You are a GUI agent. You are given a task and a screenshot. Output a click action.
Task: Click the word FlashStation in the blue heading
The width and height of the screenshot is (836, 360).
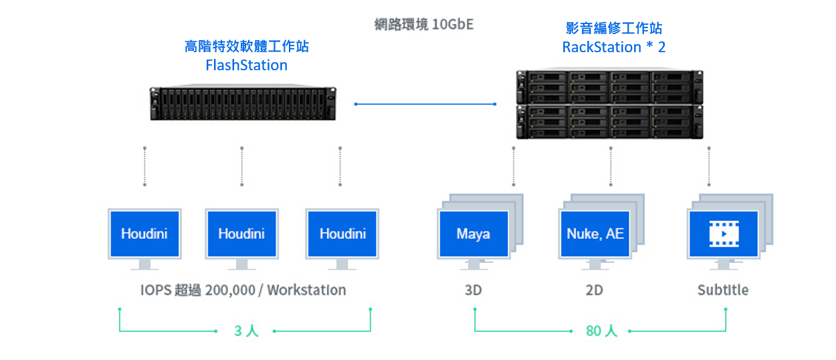click(x=246, y=66)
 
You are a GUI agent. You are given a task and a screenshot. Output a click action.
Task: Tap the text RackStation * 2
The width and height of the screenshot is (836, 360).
click(x=614, y=47)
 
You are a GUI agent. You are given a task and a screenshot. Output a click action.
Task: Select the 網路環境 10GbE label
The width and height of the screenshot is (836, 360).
click(x=424, y=24)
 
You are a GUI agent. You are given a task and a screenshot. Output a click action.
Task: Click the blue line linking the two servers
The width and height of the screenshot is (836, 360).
click(x=425, y=104)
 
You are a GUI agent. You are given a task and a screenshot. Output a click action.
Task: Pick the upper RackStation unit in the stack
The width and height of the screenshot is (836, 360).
click(x=609, y=87)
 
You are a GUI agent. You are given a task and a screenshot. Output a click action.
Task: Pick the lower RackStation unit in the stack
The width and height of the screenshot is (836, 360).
click(x=609, y=122)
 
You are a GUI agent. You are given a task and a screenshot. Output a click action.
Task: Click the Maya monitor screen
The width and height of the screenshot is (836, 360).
click(x=474, y=234)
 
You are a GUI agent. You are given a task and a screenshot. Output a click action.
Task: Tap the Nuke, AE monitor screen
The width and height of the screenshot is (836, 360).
click(x=595, y=234)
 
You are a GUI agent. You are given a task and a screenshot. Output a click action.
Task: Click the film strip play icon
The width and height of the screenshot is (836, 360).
click(x=724, y=234)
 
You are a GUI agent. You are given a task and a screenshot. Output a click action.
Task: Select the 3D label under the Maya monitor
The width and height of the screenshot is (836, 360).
click(x=474, y=290)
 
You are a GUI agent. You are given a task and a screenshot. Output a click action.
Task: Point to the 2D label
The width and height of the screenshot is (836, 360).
click(x=594, y=290)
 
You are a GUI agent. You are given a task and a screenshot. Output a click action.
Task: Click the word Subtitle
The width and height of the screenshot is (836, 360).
click(x=723, y=290)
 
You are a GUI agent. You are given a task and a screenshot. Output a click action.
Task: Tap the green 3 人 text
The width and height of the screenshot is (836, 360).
click(x=246, y=331)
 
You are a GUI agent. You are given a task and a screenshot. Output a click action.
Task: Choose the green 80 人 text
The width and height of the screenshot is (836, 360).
click(x=601, y=331)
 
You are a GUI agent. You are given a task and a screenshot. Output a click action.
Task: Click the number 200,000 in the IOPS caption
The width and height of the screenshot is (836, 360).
click(x=230, y=290)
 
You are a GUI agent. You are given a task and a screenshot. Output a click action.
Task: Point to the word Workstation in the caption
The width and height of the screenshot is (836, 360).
click(x=306, y=290)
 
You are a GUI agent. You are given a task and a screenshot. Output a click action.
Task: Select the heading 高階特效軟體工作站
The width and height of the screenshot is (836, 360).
click(x=246, y=46)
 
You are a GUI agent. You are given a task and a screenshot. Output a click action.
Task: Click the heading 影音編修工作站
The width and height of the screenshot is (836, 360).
click(x=614, y=28)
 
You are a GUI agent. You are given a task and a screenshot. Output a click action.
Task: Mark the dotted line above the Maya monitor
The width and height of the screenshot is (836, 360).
click(x=514, y=167)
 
